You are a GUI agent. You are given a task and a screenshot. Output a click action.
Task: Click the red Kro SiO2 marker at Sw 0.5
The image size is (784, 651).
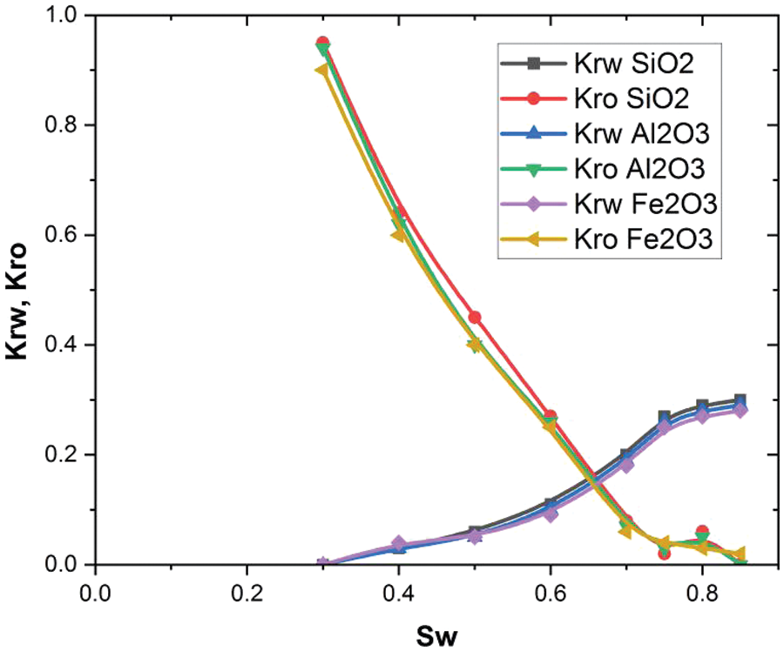(475, 318)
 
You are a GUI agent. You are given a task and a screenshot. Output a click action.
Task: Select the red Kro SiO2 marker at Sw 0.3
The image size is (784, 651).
(322, 43)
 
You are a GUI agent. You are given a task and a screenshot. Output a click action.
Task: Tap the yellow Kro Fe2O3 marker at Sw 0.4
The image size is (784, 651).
(398, 235)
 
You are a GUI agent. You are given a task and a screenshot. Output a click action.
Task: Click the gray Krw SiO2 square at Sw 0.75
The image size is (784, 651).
(664, 417)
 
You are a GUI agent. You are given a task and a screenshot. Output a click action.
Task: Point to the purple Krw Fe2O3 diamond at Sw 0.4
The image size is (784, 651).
(399, 543)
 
